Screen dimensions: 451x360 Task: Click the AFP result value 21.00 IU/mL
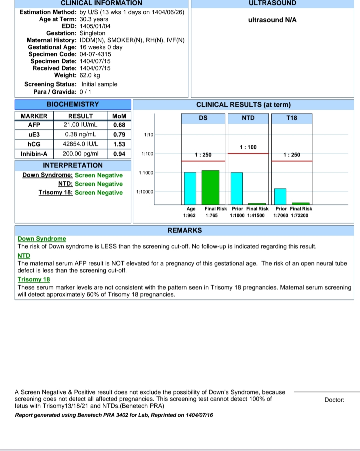click(80, 125)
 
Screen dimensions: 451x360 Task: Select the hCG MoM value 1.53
click(119, 144)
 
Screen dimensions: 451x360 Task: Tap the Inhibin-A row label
click(34, 154)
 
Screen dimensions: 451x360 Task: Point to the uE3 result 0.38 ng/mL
click(80, 134)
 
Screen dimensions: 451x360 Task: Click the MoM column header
click(119, 116)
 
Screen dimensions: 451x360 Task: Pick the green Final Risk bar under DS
click(210, 187)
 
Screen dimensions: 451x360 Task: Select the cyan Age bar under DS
click(190, 188)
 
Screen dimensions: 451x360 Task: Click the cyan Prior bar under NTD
click(236, 188)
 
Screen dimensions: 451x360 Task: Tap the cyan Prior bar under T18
click(280, 196)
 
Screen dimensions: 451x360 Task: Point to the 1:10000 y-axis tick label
click(145, 192)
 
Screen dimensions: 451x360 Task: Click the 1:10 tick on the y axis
click(149, 135)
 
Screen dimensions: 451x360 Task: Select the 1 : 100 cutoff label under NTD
click(248, 147)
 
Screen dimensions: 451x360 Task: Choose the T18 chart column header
click(292, 118)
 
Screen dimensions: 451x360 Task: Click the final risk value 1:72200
click(299, 215)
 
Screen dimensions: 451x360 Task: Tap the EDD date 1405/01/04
click(95, 26)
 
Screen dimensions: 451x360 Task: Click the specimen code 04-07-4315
click(95, 54)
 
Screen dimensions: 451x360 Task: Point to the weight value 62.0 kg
click(90, 75)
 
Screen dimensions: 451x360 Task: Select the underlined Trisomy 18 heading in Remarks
click(34, 280)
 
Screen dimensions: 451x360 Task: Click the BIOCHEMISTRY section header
click(73, 104)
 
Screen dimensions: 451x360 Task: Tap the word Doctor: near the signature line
click(334, 400)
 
